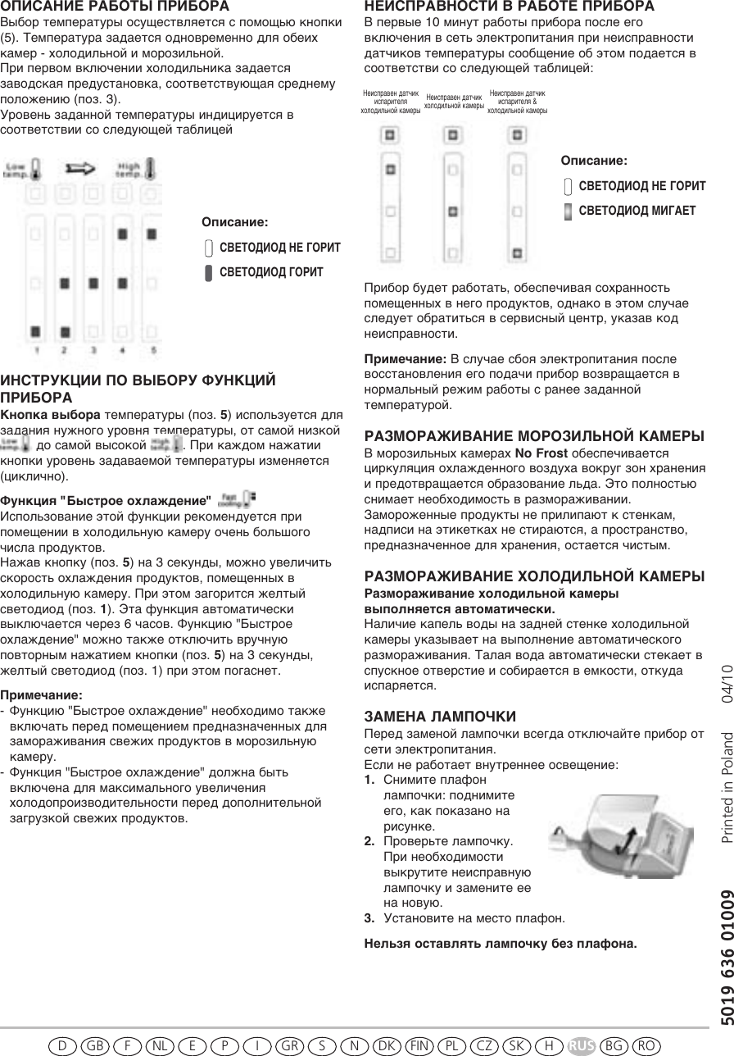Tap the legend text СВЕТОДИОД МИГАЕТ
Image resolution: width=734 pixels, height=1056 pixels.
click(637, 211)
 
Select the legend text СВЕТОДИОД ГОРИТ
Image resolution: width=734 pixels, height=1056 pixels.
click(271, 272)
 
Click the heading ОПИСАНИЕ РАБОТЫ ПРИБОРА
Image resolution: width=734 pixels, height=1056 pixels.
click(115, 6)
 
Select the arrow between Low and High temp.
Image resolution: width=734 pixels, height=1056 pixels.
click(79, 169)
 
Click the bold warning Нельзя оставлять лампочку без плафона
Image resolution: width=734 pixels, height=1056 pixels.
click(500, 944)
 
